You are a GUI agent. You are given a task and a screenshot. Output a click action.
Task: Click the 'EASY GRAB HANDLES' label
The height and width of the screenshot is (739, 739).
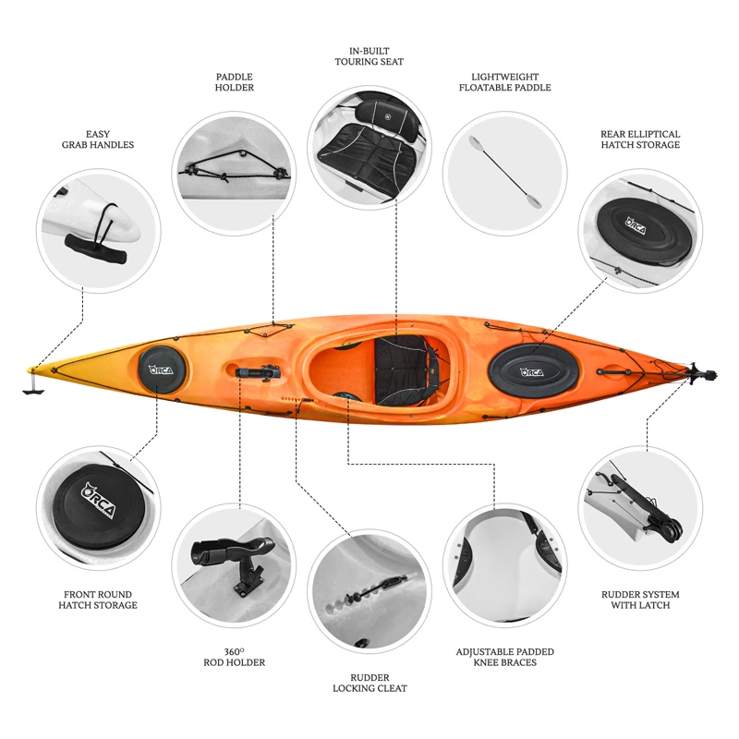(98, 139)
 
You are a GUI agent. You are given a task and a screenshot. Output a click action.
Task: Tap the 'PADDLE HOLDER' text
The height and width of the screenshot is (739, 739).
(235, 82)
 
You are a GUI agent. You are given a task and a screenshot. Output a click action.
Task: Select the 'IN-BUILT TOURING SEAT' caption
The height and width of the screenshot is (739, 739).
(369, 56)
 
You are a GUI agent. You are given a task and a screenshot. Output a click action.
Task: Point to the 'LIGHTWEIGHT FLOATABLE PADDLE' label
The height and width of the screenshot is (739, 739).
(504, 82)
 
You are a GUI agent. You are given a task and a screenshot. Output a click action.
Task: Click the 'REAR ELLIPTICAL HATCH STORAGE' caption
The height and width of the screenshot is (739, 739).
(640, 139)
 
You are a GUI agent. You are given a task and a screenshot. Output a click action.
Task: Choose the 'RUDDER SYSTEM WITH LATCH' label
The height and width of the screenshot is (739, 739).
(640, 600)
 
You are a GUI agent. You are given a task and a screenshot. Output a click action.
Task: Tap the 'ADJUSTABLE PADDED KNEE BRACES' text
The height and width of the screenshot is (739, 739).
(504, 657)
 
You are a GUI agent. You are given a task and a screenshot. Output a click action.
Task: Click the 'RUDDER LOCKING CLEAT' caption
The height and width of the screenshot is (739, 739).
(369, 683)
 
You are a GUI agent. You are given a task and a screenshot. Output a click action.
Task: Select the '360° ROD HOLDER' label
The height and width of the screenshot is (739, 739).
(235, 657)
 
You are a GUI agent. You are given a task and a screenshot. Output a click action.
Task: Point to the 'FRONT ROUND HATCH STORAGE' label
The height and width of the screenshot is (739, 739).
(98, 600)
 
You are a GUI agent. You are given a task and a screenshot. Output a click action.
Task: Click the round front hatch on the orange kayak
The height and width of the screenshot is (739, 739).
(162, 370)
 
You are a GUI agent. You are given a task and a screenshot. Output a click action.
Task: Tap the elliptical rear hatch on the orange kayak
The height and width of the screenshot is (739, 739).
(534, 371)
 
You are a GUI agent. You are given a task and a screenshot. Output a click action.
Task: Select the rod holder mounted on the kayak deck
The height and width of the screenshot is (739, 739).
(258, 372)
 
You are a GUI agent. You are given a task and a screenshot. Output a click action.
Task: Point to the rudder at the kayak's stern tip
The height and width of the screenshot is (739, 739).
(701, 374)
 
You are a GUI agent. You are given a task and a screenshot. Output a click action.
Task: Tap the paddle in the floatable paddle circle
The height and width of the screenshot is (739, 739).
(505, 172)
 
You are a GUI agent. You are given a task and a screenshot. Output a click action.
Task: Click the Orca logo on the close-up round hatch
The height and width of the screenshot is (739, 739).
(99, 501)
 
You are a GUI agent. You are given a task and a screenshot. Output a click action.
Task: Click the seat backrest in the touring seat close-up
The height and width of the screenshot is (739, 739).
(387, 115)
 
